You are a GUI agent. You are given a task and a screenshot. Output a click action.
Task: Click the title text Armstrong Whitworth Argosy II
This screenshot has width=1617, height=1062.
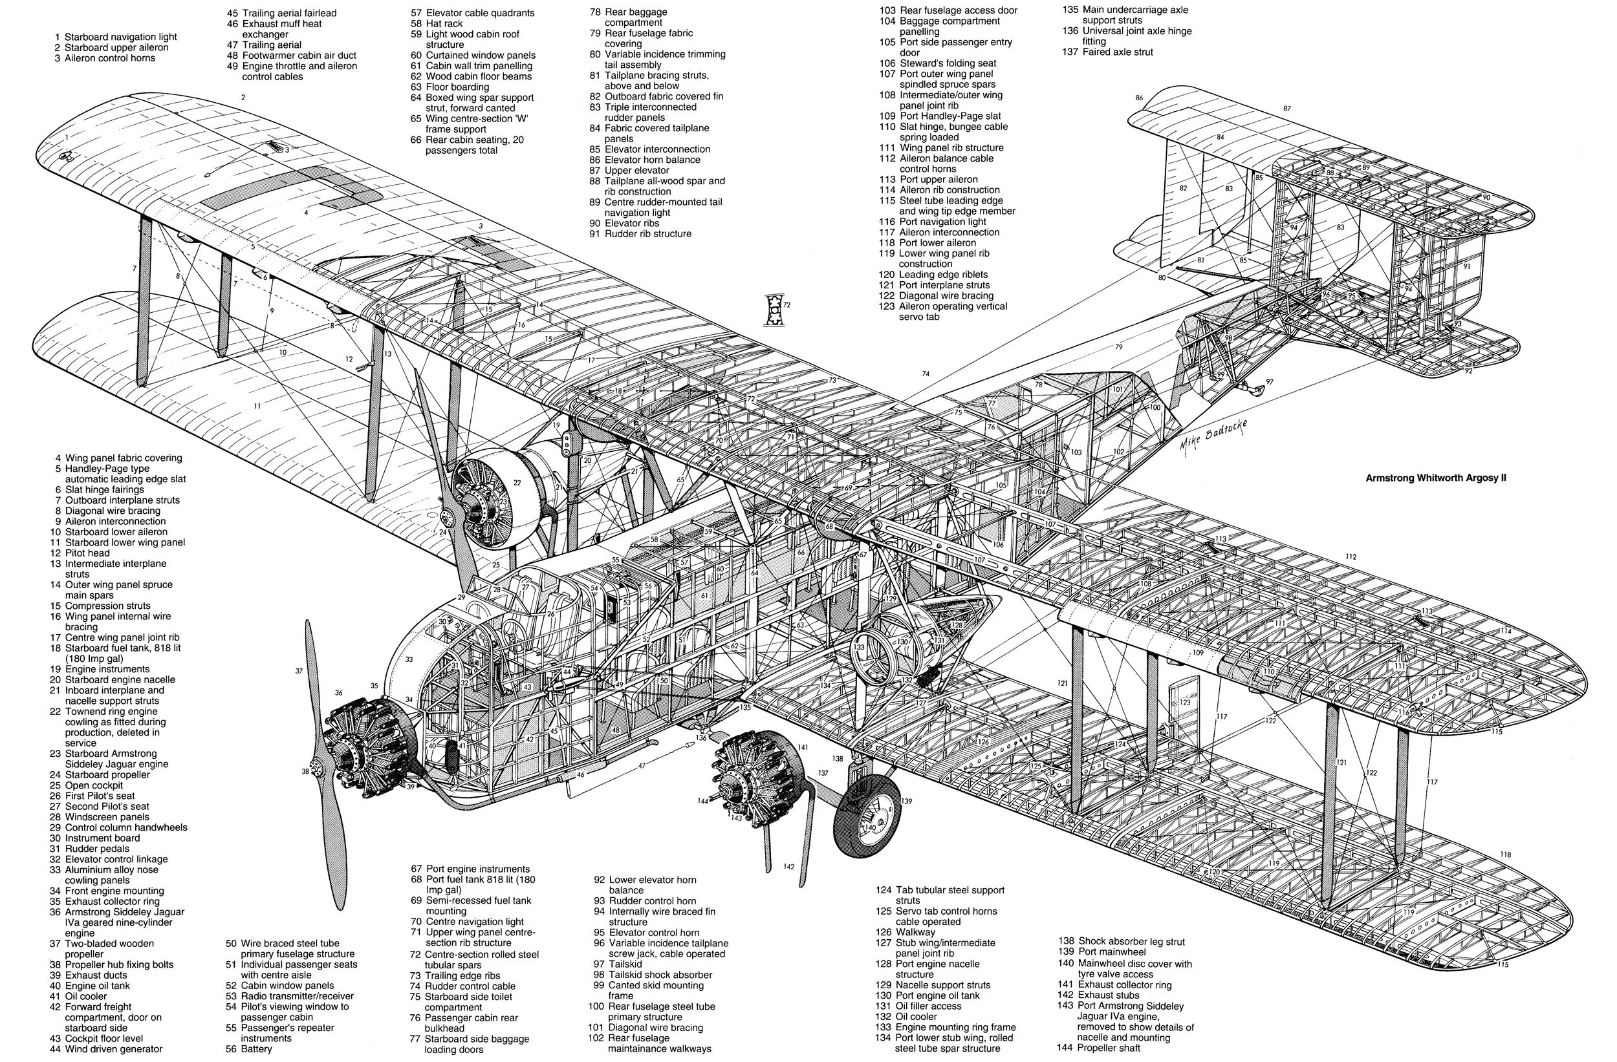1436,478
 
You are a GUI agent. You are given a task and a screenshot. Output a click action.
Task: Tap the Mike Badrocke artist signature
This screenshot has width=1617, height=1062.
1213,438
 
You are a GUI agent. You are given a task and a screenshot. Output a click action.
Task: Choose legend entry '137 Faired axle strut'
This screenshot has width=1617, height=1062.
1107,52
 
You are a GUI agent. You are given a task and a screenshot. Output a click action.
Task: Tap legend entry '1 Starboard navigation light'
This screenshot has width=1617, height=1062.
116,37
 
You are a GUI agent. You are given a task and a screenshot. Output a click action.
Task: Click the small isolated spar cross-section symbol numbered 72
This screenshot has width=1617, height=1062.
773,310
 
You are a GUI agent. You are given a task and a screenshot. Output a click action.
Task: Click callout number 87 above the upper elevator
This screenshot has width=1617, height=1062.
1286,109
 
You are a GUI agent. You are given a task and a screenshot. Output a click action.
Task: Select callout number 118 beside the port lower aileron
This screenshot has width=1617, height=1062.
1505,855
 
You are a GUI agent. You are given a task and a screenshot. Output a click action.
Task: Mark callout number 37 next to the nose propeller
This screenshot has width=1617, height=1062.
299,671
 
